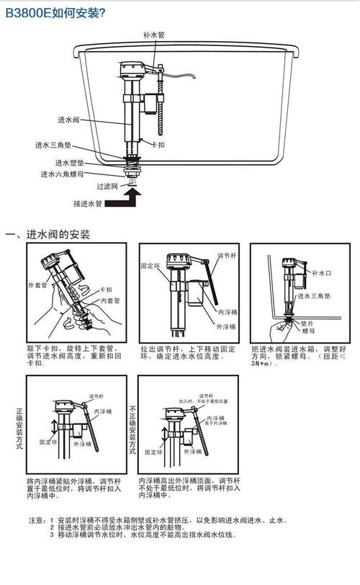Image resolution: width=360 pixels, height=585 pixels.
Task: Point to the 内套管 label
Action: coord(108,300)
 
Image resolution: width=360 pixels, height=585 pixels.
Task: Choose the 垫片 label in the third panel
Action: coord(309,324)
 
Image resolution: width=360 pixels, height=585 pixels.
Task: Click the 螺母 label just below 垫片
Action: coord(309,332)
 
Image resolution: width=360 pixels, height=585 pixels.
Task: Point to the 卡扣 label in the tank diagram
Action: coord(167,144)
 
